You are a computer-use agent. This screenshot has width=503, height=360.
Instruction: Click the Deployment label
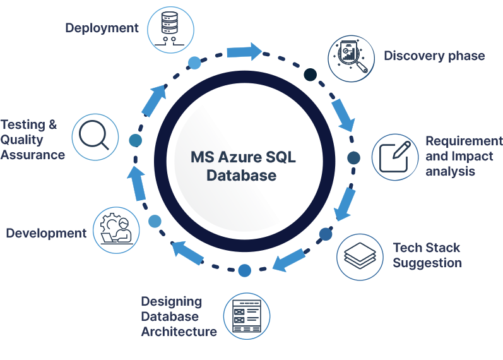[x=102, y=28]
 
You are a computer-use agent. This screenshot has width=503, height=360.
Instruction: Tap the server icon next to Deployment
[x=169, y=28]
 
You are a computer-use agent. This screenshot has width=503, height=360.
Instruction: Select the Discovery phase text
[x=434, y=56]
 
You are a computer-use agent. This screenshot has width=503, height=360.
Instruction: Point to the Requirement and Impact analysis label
[x=464, y=156]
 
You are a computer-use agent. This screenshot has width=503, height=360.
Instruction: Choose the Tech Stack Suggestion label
[x=427, y=255]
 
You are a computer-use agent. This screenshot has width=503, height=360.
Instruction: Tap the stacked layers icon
[x=360, y=256]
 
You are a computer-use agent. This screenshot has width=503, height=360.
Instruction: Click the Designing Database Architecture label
[x=179, y=316]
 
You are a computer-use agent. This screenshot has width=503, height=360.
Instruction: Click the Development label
[x=46, y=233]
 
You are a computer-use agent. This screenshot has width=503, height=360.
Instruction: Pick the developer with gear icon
[x=115, y=231]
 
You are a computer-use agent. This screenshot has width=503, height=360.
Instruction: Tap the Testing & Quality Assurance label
[x=33, y=140]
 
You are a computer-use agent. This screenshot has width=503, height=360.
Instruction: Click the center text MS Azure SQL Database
[x=243, y=166]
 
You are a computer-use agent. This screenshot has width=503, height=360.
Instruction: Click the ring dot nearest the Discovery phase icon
[x=310, y=75]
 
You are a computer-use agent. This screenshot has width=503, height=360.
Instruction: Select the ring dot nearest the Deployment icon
[x=195, y=62]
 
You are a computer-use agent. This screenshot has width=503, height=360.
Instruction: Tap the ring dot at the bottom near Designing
[x=245, y=270]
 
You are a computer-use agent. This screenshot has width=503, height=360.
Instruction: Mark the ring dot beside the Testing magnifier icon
[x=135, y=140]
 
